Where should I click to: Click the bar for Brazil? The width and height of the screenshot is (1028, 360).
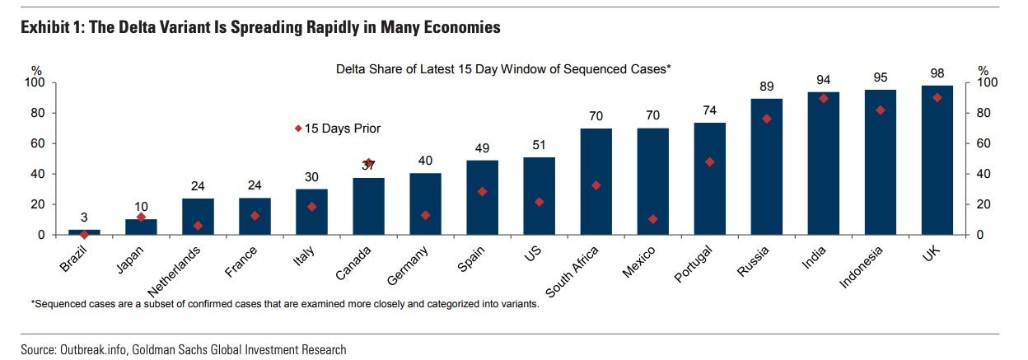pyautogui.click(x=84, y=232)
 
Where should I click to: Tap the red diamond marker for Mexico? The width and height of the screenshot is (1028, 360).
pyautogui.click(x=653, y=219)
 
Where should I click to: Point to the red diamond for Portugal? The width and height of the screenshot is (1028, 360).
pyautogui.click(x=710, y=162)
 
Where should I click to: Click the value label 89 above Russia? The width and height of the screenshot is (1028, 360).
pyautogui.click(x=767, y=86)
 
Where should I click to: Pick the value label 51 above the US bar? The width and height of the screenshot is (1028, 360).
pyautogui.click(x=540, y=145)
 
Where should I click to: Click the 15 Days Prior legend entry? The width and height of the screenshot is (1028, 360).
pyautogui.click(x=338, y=129)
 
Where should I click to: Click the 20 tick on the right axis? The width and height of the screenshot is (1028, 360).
pyautogui.click(x=984, y=204)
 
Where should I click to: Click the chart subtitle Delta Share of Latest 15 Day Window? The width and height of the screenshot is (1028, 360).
pyautogui.click(x=502, y=69)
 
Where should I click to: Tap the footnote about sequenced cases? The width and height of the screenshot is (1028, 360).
pyautogui.click(x=284, y=303)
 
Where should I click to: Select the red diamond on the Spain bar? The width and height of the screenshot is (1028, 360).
pyautogui.click(x=483, y=192)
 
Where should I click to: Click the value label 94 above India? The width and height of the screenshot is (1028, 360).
pyautogui.click(x=824, y=80)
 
